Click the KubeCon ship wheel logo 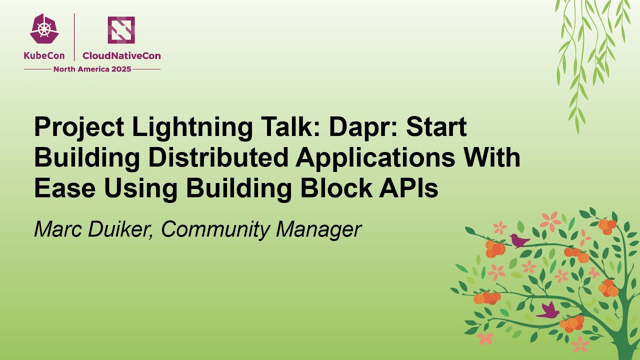[44, 29]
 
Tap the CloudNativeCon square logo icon [121, 29]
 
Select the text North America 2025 [92, 69]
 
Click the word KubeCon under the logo [44, 56]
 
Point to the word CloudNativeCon [121, 56]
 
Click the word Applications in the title [375, 158]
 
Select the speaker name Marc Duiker [93, 229]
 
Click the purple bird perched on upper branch [519, 241]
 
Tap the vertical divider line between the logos [74, 37]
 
